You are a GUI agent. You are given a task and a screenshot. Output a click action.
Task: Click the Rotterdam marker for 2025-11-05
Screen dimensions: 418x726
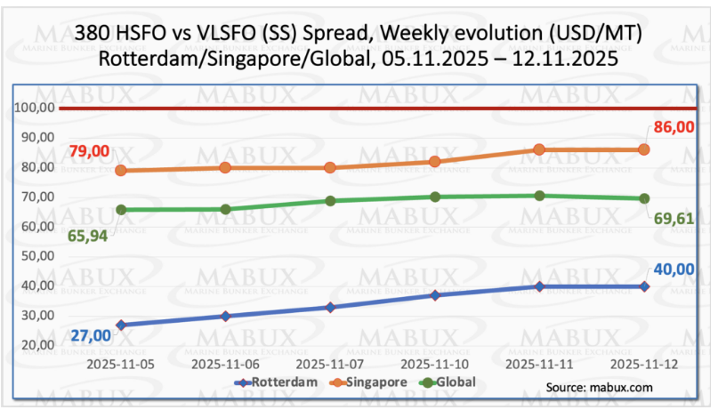coord(120,325)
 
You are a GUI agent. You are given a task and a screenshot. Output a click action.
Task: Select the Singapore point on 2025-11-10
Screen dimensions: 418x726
coord(435,162)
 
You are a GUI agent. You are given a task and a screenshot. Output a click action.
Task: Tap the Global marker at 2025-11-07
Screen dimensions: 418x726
coord(330,201)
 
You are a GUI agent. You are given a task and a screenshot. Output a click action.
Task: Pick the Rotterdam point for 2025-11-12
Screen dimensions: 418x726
coord(644,286)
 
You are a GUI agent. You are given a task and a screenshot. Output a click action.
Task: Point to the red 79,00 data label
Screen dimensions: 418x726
coord(89,151)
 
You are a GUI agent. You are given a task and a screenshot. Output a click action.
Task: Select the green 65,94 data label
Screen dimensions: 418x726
coord(89,235)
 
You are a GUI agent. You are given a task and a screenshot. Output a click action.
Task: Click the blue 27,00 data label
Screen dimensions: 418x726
coord(89,335)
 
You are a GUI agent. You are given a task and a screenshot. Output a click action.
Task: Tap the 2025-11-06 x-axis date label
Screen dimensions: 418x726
coord(225,364)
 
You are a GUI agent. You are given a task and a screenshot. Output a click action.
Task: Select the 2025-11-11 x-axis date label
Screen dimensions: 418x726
coord(539,364)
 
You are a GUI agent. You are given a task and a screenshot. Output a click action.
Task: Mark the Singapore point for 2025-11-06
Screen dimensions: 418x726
coord(225,167)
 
